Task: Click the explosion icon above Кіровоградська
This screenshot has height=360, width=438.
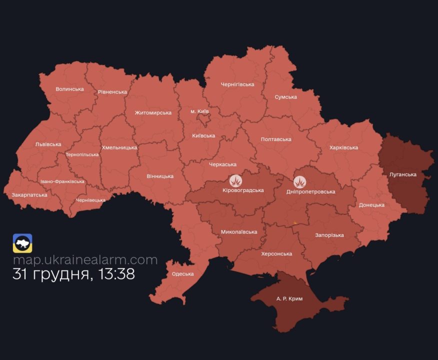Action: point(236,180)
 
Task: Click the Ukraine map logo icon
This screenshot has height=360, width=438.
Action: point(22,243)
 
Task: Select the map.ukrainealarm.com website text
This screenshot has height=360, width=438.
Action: point(85,260)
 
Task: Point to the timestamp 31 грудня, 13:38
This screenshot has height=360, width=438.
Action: point(73,274)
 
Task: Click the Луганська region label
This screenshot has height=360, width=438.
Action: point(402,174)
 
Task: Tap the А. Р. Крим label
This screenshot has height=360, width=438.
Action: point(289,298)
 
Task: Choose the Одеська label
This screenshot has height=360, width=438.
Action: point(183,274)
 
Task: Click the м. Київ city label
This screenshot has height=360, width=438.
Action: point(199,110)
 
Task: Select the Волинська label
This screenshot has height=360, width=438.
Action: point(69,89)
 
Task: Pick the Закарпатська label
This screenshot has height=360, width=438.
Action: point(29,194)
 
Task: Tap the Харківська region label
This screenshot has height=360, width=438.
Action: point(343,147)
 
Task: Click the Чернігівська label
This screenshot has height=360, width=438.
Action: point(237,84)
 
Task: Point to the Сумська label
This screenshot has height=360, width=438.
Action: point(285,97)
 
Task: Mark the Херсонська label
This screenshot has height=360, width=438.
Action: point(276,253)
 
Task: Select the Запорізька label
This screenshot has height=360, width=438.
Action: point(329,235)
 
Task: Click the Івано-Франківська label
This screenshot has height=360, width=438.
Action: point(62,181)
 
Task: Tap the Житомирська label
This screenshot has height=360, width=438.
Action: point(153,112)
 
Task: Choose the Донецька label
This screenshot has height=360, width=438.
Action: point(371,205)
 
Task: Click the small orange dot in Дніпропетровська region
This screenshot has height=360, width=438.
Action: point(295,223)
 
